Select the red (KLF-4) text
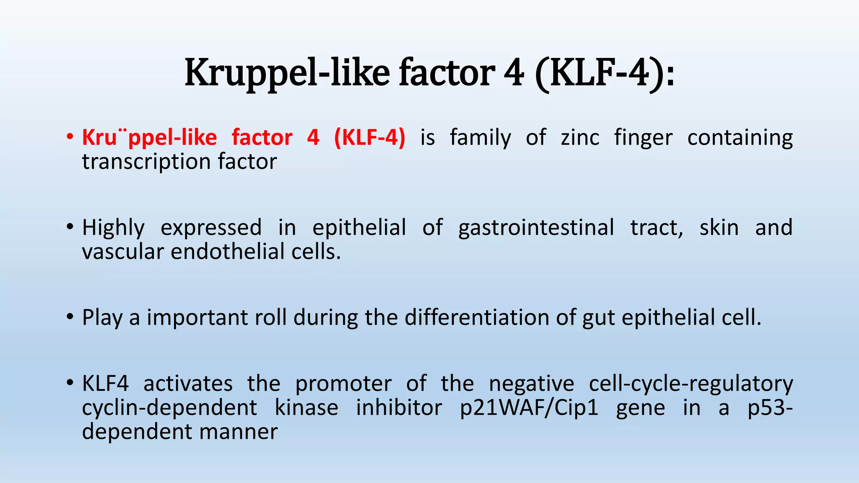370,138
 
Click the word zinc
580,138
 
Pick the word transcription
146,162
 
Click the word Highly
113,228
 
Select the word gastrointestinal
536,228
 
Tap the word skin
719,228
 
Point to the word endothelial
227,252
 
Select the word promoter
343,384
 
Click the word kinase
307,408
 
